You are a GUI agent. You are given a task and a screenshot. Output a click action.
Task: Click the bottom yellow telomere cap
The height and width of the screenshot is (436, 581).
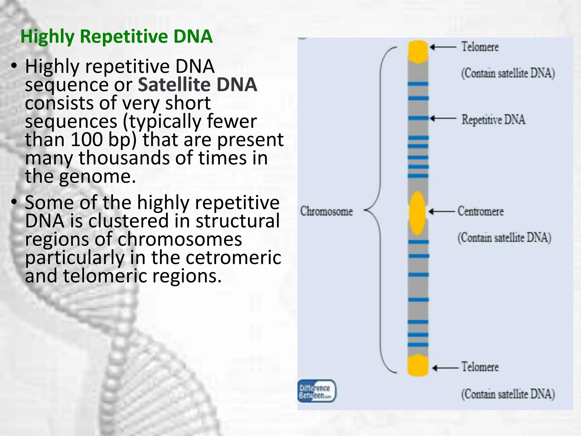click(x=418, y=366)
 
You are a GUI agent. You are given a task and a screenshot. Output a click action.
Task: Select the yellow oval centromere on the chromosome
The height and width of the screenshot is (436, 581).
click(x=417, y=213)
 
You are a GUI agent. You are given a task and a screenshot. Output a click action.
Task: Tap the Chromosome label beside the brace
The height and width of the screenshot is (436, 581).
click(x=326, y=211)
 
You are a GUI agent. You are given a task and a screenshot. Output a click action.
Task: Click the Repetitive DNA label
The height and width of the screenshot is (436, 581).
click(x=493, y=120)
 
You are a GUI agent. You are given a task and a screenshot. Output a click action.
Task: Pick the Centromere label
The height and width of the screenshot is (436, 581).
click(x=481, y=211)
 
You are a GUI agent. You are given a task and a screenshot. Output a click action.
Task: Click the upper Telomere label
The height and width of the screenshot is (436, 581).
click(x=480, y=47)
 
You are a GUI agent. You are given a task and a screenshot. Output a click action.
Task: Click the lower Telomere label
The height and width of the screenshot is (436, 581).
click(x=480, y=367)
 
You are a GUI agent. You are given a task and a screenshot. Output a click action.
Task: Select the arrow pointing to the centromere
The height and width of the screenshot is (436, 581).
click(x=442, y=211)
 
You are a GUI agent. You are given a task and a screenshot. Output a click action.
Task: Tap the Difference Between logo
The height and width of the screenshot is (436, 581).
click(x=316, y=391)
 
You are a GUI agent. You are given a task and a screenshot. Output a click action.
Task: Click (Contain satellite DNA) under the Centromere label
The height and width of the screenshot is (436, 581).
click(x=504, y=238)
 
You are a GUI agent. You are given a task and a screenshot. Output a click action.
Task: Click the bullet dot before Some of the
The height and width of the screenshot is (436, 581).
click(x=14, y=202)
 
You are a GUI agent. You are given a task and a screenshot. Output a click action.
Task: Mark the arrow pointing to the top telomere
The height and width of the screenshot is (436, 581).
click(x=443, y=47)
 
